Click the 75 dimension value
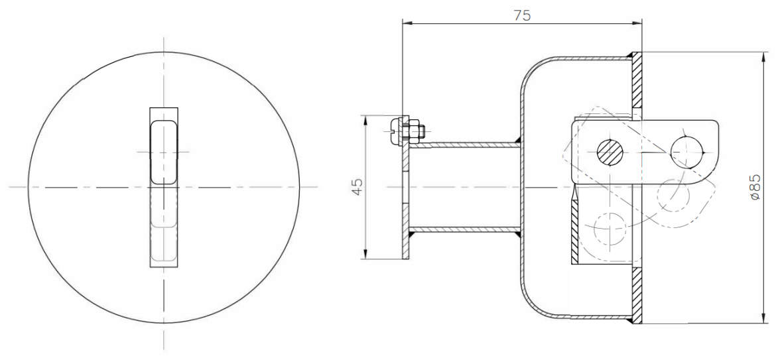(521, 15)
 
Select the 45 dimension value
(357, 186)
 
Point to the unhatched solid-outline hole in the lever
(687, 150)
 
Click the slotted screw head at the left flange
(394, 131)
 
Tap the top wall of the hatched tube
(464, 145)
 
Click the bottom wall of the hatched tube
(464, 229)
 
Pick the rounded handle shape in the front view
(164, 152)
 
